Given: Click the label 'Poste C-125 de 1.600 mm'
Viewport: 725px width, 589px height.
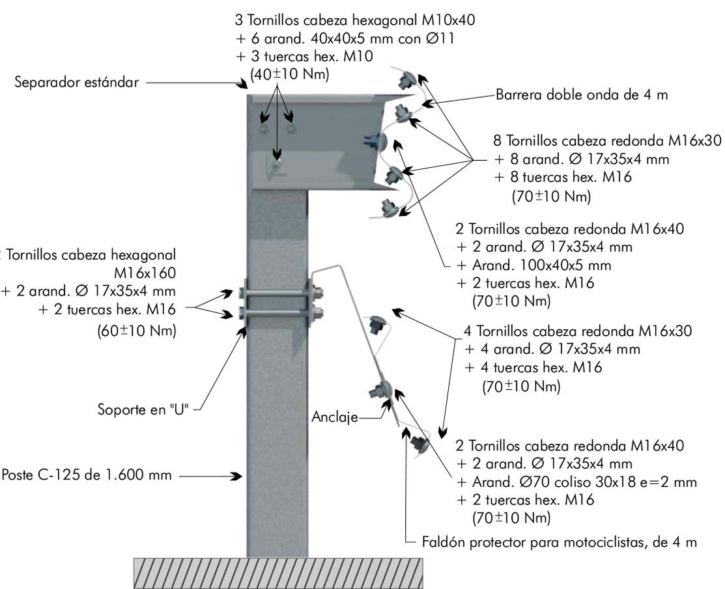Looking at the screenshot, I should [x=87, y=474].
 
